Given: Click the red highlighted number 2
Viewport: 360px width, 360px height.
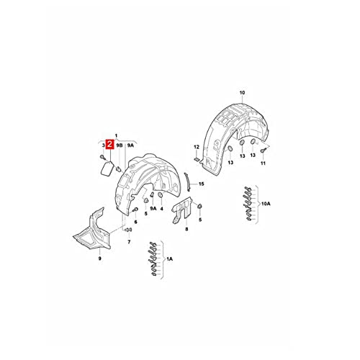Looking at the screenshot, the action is pyautogui.click(x=110, y=145).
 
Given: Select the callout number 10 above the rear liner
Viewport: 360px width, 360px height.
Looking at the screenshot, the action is pyautogui.click(x=242, y=93).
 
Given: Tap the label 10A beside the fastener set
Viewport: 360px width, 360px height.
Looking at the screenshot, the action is pyautogui.click(x=266, y=204).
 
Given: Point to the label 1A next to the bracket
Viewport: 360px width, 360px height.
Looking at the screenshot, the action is pyautogui.click(x=169, y=259).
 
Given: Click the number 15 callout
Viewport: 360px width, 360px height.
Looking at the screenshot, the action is pyautogui.click(x=201, y=184).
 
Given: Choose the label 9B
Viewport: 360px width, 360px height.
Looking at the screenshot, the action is pyautogui.click(x=120, y=145).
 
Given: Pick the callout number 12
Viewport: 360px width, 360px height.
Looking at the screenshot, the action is pyautogui.click(x=197, y=147).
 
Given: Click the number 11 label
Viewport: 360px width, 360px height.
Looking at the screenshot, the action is pyautogui.click(x=263, y=163).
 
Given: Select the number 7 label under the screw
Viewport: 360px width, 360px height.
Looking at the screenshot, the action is pyautogui.click(x=129, y=242).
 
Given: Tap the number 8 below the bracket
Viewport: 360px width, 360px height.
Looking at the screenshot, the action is pyautogui.click(x=186, y=229).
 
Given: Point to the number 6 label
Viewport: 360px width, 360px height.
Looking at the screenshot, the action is pyautogui.click(x=135, y=222).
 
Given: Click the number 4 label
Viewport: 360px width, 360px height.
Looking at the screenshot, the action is pyautogui.click(x=161, y=209).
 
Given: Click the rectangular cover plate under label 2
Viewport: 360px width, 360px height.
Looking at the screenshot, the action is pyautogui.click(x=107, y=169).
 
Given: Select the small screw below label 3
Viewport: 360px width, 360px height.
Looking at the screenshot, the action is pyautogui.click(x=103, y=157).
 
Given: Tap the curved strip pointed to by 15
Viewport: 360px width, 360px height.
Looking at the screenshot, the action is pyautogui.click(x=187, y=182).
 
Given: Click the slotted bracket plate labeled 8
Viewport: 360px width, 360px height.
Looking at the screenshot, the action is pyautogui.click(x=182, y=210).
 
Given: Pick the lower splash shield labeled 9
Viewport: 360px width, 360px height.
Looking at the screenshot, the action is pyautogui.click(x=92, y=230).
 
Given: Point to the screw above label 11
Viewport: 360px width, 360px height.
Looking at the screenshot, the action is pyautogui.click(x=263, y=150).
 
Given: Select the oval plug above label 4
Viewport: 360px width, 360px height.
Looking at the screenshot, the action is pyautogui.click(x=161, y=196).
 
